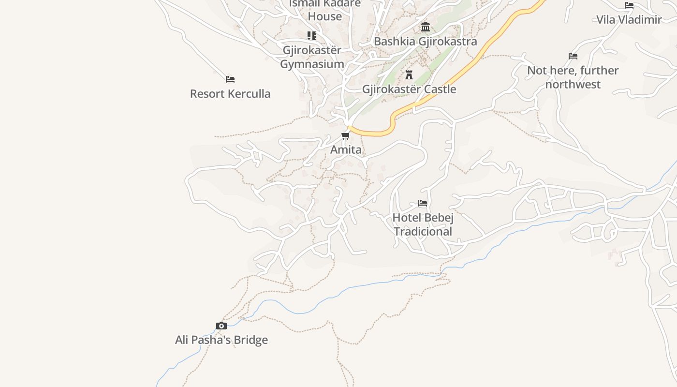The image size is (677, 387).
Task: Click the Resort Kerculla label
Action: [230, 93]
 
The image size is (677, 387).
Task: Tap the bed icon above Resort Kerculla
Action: [230, 79]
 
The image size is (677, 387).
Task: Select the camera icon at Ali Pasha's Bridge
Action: [221, 326]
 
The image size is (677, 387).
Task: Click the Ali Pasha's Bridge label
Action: [221, 340]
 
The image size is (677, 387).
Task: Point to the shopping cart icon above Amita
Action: [346, 135]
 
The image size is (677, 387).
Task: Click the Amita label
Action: [346, 150]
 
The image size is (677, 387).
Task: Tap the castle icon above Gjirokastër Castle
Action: [409, 75]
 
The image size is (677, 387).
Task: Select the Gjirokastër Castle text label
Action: [409, 89]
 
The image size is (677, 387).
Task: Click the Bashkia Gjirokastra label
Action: [426, 42]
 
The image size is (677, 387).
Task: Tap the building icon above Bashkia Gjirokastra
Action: [426, 27]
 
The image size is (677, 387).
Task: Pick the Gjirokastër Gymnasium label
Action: [312, 57]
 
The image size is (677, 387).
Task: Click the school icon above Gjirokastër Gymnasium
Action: [312, 36]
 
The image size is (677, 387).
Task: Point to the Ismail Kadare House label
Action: [325, 10]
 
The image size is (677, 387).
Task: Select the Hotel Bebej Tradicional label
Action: [423, 224]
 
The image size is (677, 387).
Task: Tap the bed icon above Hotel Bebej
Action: [423, 203]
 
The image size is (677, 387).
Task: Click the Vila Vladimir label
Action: [629, 20]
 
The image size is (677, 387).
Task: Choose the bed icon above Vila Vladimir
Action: [629, 5]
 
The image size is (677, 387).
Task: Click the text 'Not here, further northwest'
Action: [573, 77]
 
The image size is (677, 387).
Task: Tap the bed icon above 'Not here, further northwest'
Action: [573, 56]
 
